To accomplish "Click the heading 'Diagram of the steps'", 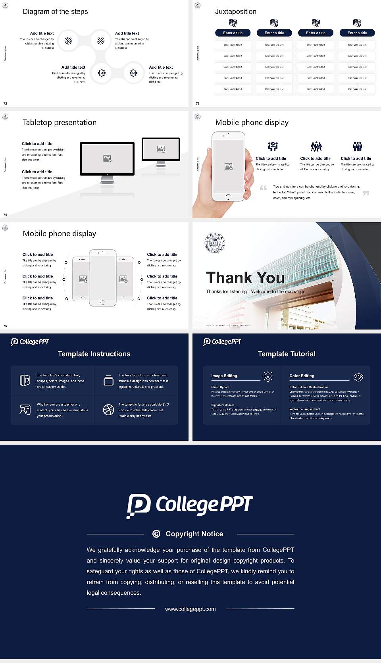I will point(55,12).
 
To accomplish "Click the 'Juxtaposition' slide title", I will point(235,12).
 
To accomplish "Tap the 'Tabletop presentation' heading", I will point(60,122).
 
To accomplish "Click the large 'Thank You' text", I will point(245,278).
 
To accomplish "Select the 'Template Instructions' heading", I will point(94,354).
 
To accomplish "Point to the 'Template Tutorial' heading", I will point(287,354).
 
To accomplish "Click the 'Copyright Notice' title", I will point(194,534).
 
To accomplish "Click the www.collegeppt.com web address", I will point(190,609).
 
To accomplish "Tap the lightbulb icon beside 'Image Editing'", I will point(268,376).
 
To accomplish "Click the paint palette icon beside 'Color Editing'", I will point(358,377).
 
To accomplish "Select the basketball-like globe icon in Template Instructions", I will point(108,410).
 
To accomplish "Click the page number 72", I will point(5,104).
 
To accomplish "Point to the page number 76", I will point(5,326).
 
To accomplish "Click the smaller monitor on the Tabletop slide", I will point(161,150).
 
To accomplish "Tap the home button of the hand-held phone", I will point(228,197).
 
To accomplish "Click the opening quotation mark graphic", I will point(263,188).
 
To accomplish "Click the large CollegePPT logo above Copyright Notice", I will point(190,505).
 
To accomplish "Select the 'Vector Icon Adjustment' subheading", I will point(304,409).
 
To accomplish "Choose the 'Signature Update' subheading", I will point(223,405).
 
